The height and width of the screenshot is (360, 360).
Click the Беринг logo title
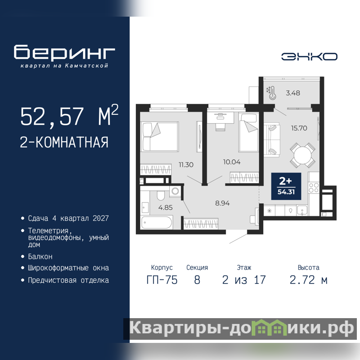coord(64,52)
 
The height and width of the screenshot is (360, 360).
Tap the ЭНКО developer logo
coord(309,57)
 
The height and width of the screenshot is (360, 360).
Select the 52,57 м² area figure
coord(69,116)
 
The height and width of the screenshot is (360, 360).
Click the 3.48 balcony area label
coord(293,93)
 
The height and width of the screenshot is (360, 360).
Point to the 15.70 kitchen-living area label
coord(299,128)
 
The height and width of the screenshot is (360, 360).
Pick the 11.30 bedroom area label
coord(186,165)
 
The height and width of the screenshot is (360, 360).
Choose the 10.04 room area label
coord(232,162)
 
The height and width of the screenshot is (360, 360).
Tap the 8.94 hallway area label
coord(222,203)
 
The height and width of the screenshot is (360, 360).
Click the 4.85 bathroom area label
coord(165,207)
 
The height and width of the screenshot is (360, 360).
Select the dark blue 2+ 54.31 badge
coord(286,186)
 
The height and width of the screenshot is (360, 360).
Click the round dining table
coord(302,155)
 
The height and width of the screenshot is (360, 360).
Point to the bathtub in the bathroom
coord(157,222)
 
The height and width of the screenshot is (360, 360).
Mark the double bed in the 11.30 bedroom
coord(160,137)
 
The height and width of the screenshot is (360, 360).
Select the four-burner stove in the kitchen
coord(314,187)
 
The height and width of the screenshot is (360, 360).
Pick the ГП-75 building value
coord(162,280)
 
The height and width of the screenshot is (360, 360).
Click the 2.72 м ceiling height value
coord(308,280)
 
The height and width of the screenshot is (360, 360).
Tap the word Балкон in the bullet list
coord(40,256)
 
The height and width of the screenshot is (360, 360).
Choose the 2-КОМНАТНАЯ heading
coord(64,142)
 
